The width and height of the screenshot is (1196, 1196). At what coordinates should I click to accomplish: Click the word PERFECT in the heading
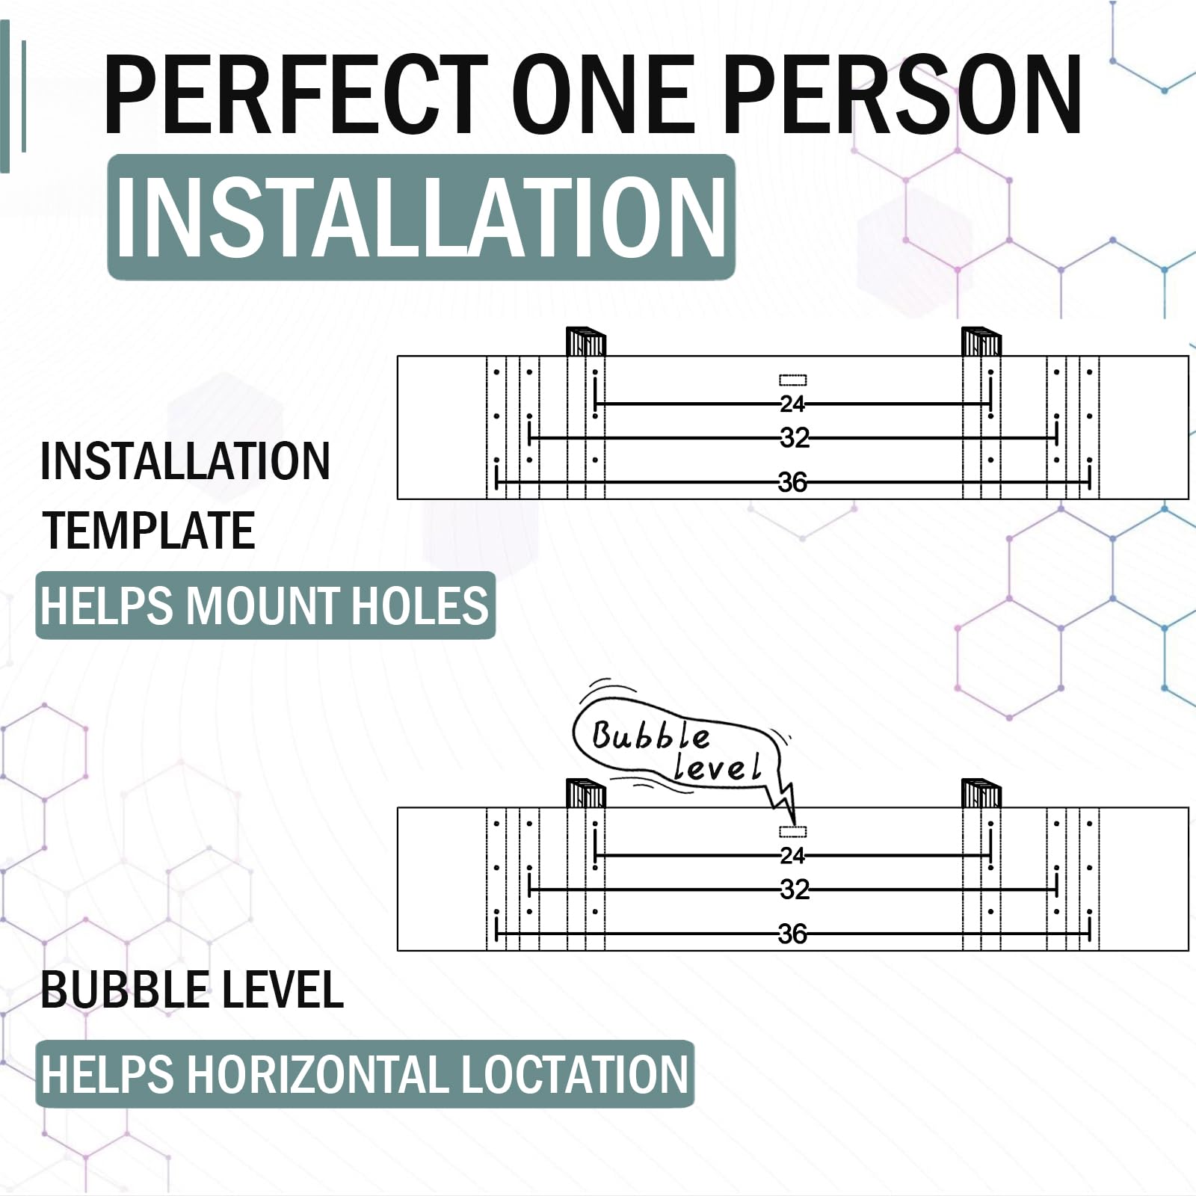295,94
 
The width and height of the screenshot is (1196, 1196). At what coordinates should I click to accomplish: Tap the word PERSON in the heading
902,94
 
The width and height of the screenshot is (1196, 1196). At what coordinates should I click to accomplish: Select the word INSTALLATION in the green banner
421,217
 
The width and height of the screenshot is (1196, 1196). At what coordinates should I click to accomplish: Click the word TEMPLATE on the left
149,530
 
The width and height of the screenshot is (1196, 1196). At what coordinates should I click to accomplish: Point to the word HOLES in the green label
419,605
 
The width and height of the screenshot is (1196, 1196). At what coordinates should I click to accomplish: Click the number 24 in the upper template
792,404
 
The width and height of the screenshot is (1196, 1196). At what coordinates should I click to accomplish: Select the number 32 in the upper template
794,438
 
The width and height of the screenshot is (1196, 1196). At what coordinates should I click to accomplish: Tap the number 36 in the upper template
792,482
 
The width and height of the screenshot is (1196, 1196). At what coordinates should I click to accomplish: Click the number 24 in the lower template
792,855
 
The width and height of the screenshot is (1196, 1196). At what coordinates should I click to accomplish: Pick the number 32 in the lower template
794,890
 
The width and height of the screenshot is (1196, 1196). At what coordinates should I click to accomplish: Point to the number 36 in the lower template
792,934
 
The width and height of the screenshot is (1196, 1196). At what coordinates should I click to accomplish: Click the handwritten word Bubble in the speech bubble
650,736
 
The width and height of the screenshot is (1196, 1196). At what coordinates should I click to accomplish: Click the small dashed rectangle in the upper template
792,380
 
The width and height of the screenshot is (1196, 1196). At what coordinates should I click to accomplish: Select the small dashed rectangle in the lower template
792,831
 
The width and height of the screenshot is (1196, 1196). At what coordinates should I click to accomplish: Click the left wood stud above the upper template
585,342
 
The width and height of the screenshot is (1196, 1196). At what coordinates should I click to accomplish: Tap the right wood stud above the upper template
981,342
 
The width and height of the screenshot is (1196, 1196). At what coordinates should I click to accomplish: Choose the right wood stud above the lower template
981,793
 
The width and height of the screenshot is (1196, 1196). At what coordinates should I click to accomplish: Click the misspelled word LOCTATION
573,1074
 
